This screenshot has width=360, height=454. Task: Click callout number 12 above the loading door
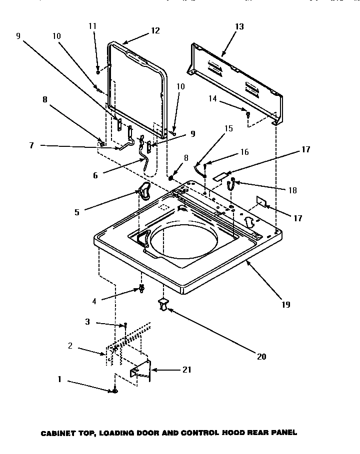(x=155, y=30)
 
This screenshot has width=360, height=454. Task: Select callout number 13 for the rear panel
(x=239, y=26)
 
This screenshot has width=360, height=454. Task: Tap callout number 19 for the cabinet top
(x=285, y=304)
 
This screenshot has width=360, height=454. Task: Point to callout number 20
(x=262, y=357)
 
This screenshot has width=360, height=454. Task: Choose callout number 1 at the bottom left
(x=59, y=380)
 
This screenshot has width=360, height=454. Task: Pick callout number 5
(x=77, y=212)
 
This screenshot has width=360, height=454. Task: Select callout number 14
(x=213, y=99)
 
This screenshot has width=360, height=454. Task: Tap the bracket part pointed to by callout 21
(x=141, y=370)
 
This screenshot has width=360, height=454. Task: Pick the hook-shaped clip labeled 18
(x=231, y=185)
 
